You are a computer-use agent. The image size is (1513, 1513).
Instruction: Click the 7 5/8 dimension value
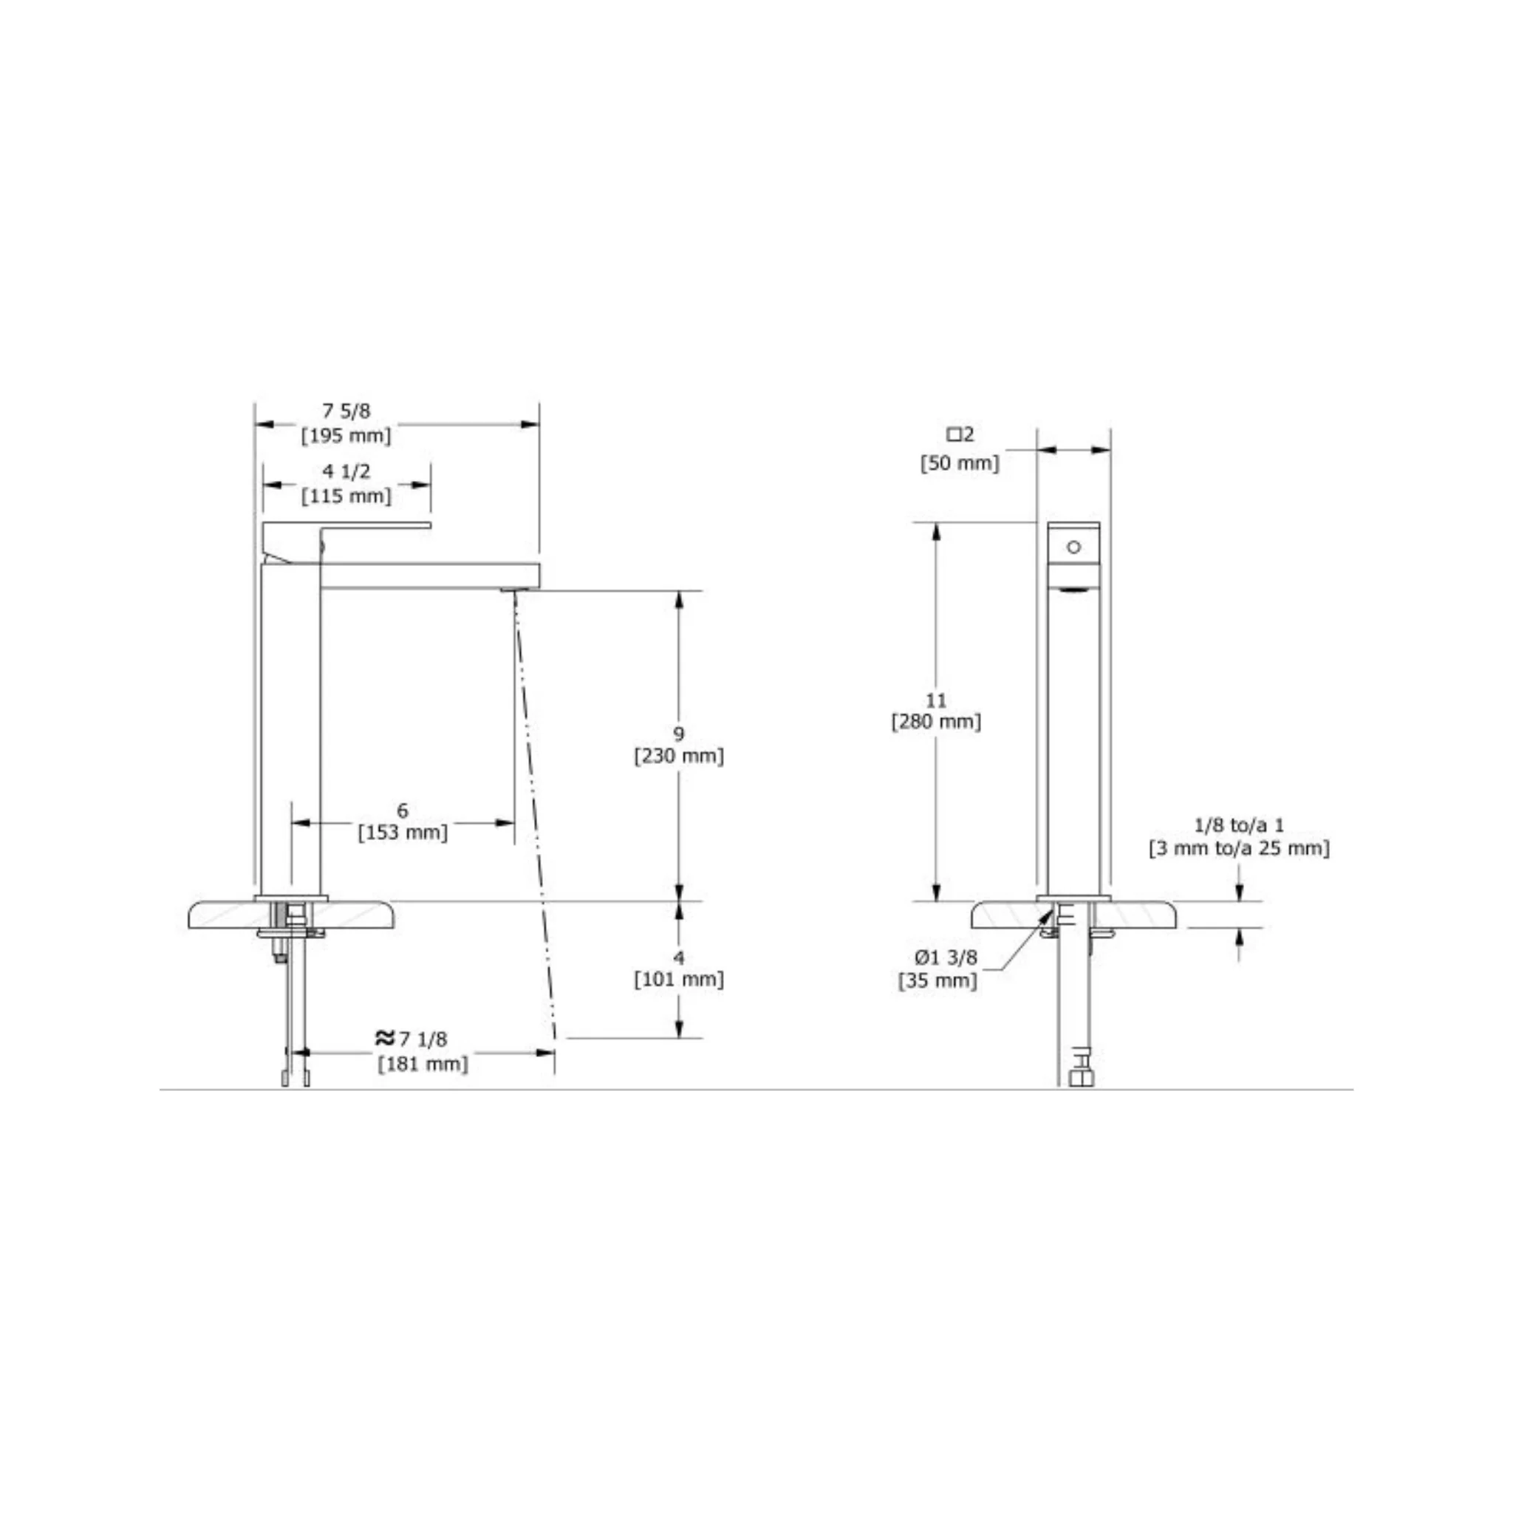click(346, 410)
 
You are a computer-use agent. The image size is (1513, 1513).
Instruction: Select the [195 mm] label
click(346, 435)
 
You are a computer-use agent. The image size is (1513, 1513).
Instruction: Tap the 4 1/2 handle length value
click(346, 471)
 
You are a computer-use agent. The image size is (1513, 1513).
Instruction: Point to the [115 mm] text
click(346, 496)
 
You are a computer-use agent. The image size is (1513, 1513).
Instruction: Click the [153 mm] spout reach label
click(403, 832)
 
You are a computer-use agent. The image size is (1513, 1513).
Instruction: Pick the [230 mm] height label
click(679, 756)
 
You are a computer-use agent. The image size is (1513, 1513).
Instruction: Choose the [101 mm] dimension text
click(679, 980)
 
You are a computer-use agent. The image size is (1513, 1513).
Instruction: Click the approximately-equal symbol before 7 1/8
click(384, 1039)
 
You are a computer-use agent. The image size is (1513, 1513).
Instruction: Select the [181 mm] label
click(423, 1065)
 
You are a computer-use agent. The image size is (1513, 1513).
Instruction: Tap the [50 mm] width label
click(960, 462)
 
